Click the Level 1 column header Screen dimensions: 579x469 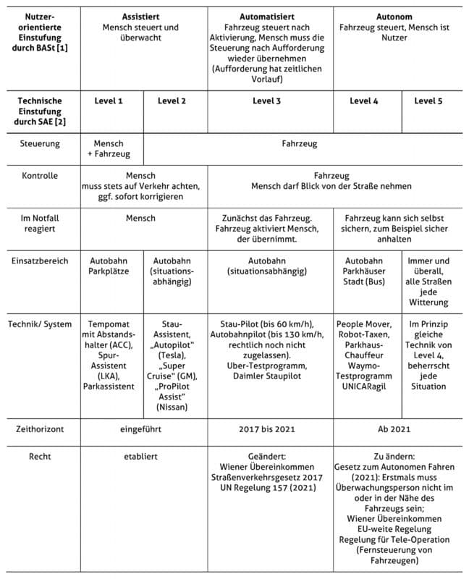point(109,101)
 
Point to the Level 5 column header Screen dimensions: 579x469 point(428,101)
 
